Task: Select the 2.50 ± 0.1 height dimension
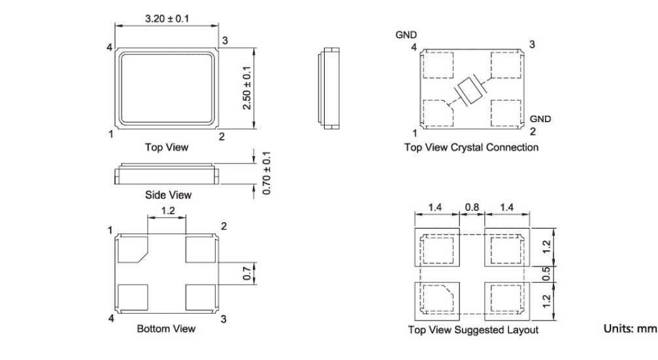tap(248, 87)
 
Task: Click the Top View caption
tap(167, 148)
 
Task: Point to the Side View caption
tap(167, 195)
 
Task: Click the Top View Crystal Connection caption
tap(472, 148)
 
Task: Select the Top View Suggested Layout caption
tap(473, 330)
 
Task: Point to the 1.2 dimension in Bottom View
tap(167, 210)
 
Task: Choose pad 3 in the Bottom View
tap(201, 296)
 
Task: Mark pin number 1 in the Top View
tap(111, 134)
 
